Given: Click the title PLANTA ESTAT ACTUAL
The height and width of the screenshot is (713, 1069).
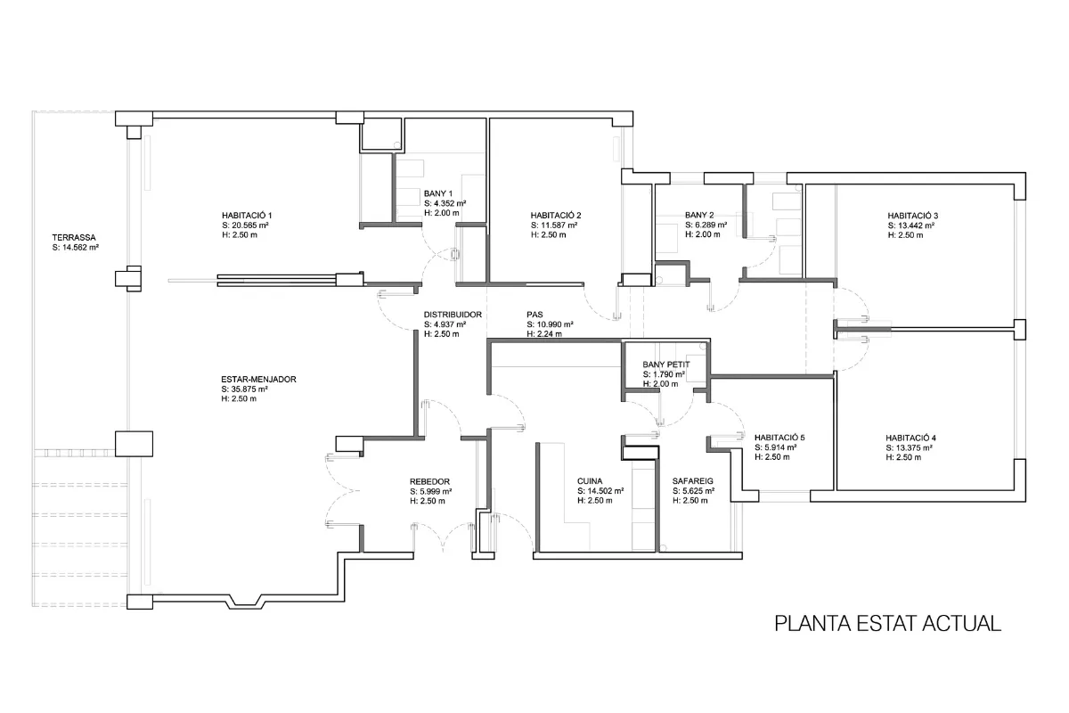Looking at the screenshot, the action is point(887,624).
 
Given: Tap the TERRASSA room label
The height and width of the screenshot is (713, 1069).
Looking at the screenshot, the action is point(74,237).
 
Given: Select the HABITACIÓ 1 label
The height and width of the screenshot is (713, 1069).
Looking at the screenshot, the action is point(247,216).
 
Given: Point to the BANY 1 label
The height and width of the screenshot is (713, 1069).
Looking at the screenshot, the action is point(438,193).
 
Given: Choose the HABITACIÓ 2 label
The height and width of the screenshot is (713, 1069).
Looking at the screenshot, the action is point(556,216).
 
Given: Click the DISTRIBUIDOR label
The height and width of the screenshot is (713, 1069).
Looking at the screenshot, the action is point(453,315).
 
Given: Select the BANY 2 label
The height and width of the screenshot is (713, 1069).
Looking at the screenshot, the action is point(699,215).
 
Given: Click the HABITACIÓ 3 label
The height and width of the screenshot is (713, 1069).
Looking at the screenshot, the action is point(913,216).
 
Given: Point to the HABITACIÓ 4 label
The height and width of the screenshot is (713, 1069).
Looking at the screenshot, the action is point(911,438).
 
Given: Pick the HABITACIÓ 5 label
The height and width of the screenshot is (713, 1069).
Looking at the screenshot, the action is point(779,438).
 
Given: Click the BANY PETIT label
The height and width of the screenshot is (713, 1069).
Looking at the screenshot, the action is point(666,365).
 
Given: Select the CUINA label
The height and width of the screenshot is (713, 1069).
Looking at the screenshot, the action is point(590,481).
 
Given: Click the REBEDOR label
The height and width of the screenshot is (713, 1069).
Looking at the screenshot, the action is point(429,482).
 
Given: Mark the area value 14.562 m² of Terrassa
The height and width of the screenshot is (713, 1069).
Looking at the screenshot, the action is point(81,248).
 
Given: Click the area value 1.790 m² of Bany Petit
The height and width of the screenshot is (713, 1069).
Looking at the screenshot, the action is point(669,374).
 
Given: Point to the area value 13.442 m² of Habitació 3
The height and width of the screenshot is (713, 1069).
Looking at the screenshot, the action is point(916,225).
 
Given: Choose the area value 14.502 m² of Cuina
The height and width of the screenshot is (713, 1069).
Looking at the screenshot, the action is point(605,491).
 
